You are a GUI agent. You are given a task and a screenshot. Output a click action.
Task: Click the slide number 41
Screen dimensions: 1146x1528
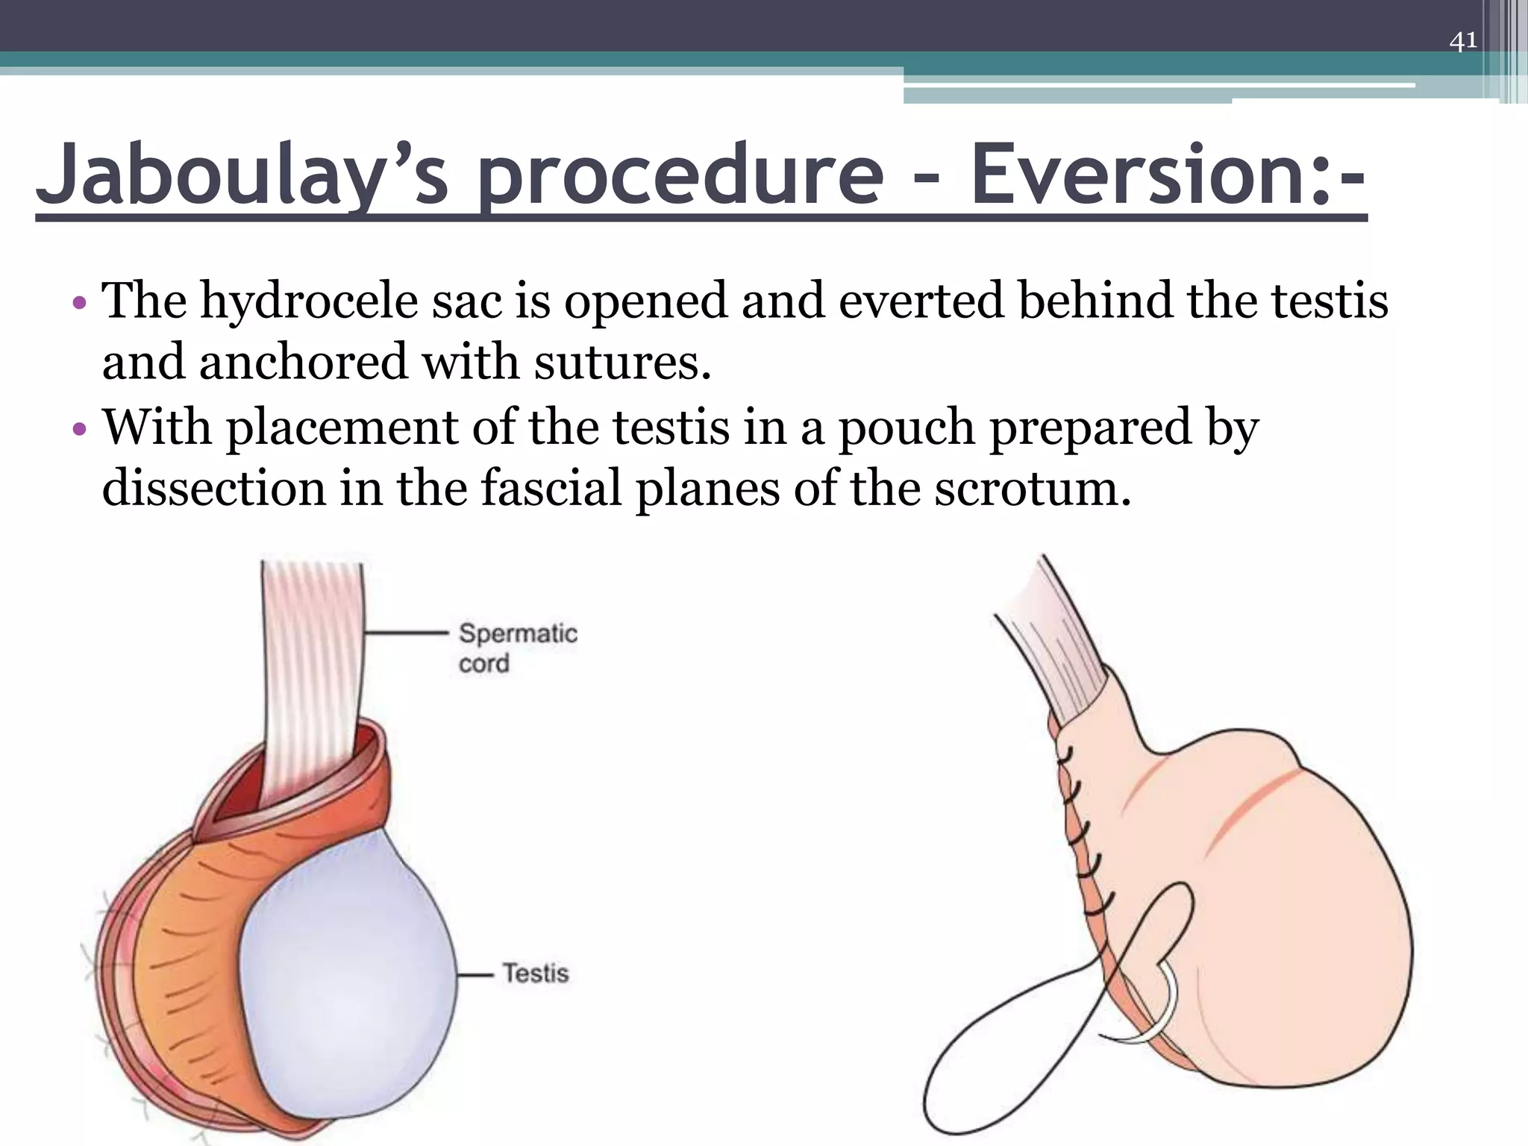point(1462,40)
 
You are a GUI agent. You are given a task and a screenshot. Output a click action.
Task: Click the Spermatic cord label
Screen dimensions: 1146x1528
point(518,648)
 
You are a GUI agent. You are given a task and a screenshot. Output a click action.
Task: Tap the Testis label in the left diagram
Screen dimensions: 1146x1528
point(535,973)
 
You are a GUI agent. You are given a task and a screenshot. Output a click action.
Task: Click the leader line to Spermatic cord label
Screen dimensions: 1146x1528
point(407,633)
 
